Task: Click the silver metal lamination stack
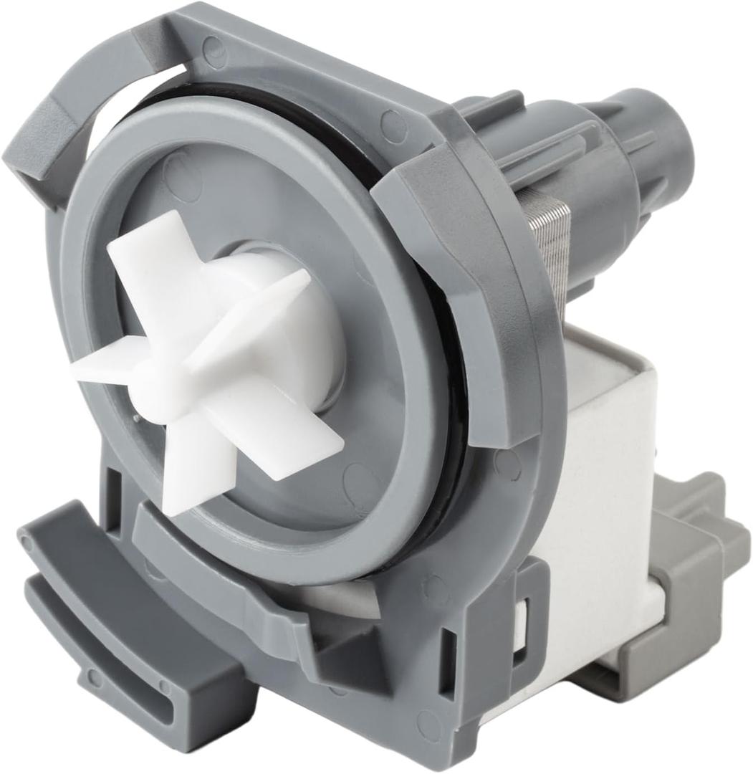552,244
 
